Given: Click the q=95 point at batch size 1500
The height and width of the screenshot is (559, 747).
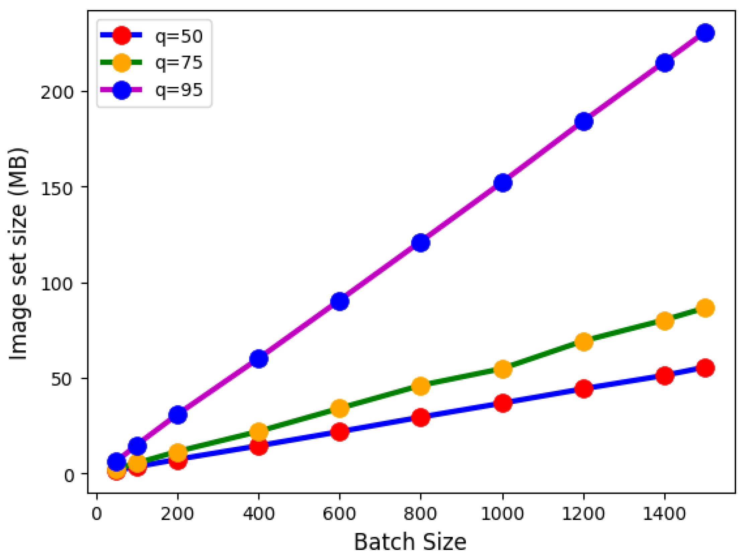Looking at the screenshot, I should click(705, 33).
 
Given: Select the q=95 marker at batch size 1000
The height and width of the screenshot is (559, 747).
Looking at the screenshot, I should click(503, 183).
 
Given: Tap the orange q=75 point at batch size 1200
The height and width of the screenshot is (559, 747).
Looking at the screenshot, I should click(584, 342).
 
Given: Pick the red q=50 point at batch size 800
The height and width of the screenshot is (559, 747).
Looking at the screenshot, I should click(421, 418).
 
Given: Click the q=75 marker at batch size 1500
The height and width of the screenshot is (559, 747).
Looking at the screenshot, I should click(705, 308).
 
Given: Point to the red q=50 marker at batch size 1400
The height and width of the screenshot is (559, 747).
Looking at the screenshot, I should click(665, 376).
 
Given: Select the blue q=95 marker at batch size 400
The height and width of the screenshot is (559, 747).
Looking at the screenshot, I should click(259, 359).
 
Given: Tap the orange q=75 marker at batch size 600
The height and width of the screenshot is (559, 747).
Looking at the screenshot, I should click(340, 408).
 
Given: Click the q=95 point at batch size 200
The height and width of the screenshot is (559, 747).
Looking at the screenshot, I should click(178, 415).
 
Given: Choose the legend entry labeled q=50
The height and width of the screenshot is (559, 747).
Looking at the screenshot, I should click(178, 36).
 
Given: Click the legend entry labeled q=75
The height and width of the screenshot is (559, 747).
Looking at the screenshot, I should click(178, 63).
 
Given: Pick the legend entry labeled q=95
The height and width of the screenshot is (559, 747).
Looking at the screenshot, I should click(178, 90).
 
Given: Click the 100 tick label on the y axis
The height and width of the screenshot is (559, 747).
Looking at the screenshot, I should click(57, 284).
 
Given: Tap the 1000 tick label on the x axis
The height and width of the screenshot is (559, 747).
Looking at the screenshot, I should click(502, 514).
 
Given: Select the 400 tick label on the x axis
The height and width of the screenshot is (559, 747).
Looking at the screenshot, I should click(259, 514).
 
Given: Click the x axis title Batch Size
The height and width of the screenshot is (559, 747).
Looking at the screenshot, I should click(410, 542).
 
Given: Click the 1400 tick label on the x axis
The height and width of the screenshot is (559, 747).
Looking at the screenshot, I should click(664, 514).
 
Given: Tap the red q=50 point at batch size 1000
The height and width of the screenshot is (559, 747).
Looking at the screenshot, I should click(503, 403).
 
